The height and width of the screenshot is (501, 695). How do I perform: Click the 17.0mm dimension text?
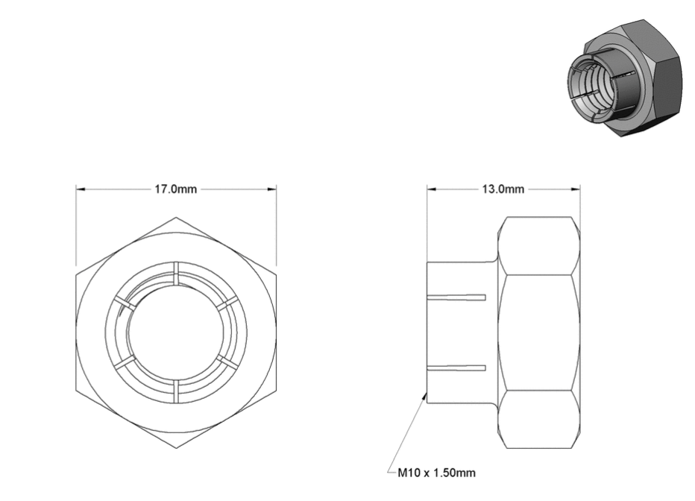(175, 189)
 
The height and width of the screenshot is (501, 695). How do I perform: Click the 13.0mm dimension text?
(503, 189)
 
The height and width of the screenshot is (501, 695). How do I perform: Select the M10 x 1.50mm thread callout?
(436, 473)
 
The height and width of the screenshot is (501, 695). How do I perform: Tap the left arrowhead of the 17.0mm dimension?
(81, 189)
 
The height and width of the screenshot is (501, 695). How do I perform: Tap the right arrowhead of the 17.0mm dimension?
(271, 189)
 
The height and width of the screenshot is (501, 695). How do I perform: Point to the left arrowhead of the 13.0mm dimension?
(432, 189)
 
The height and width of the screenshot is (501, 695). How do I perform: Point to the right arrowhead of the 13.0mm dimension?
(576, 189)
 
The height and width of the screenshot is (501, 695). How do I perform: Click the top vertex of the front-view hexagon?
(176, 217)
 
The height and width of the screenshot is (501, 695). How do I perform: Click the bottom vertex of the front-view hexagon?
(176, 448)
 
